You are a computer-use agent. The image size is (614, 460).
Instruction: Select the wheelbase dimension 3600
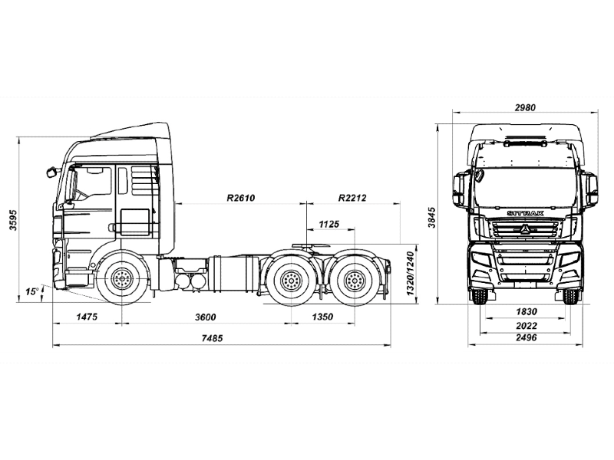point(205,317)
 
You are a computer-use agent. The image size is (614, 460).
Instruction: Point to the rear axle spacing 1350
point(323,317)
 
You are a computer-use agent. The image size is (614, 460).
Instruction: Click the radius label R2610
point(240,198)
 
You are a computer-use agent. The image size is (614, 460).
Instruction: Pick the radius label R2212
point(352,198)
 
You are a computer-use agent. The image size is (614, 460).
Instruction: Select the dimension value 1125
point(329,224)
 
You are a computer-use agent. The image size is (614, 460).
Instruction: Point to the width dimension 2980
point(526,108)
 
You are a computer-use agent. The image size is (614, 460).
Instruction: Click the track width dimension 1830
point(526,311)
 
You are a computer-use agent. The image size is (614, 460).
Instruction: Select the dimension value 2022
point(526,324)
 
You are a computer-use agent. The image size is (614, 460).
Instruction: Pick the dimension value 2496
point(526,338)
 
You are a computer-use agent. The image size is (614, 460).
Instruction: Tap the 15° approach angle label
point(31,291)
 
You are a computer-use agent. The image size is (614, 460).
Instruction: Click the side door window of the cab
point(93,182)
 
